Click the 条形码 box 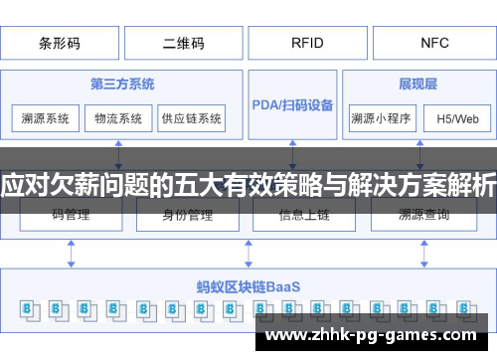[x=61, y=43]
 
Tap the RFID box [x=306, y=43]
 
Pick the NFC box [x=434, y=43]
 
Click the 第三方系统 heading [x=123, y=83]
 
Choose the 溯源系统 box [x=46, y=118]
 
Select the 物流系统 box [x=118, y=118]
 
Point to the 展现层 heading [x=419, y=83]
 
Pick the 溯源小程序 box [x=381, y=118]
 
